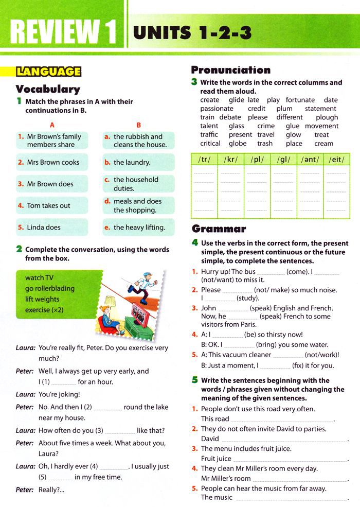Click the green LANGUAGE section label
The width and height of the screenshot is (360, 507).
pyautogui.click(x=49, y=72)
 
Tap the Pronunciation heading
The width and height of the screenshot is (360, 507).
pyautogui.click(x=230, y=70)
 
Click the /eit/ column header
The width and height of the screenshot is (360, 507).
pyautogui.click(x=336, y=160)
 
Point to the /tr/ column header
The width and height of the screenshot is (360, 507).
pyautogui.click(x=205, y=160)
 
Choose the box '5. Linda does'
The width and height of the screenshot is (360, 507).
pyautogui.click(x=51, y=227)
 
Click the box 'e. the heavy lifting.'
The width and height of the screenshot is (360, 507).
pyautogui.click(x=138, y=227)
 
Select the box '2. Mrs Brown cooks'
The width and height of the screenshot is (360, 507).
pyautogui.click(x=51, y=162)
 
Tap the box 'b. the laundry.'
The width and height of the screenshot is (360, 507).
pyautogui.click(x=138, y=162)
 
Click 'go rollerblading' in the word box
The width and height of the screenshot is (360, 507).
pyautogui.click(x=50, y=288)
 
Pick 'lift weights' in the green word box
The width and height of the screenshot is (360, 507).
pyautogui.click(x=42, y=299)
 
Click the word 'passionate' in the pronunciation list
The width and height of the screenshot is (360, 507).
pyautogui.click(x=217, y=109)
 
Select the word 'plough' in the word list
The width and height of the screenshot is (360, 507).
pyautogui.click(x=327, y=117)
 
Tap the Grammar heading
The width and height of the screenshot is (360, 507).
pyautogui.click(x=219, y=229)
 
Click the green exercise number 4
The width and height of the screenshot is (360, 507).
pyautogui.click(x=194, y=242)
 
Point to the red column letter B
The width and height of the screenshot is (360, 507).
pyautogui.click(x=138, y=125)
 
